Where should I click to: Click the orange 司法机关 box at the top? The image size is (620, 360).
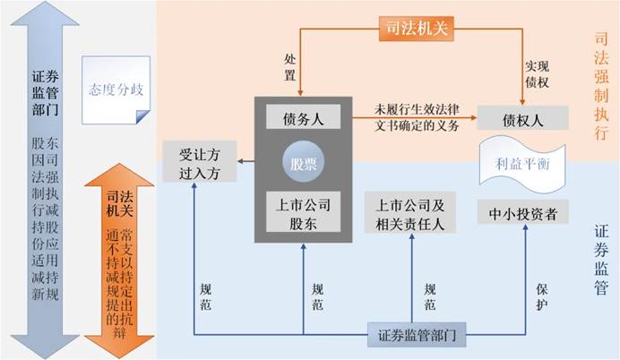pos(413,28)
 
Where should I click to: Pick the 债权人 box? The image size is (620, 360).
pos(524,118)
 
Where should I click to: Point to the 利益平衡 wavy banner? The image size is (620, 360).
pos(523,164)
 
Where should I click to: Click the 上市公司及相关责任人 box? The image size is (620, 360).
pos(413,212)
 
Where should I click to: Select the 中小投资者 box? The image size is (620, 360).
pos(523,213)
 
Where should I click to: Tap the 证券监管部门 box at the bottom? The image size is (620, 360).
pos(412,335)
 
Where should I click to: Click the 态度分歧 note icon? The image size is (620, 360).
pos(114,90)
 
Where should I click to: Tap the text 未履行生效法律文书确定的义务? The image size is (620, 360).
pos(418,117)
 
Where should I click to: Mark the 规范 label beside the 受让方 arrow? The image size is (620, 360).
pos(206,297)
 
